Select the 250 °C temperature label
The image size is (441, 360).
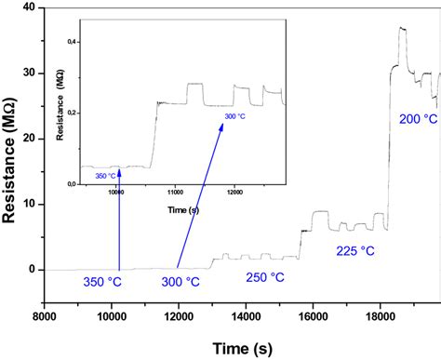pyautogui.click(x=267, y=276)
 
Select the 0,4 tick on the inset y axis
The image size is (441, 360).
pyautogui.click(x=73, y=43)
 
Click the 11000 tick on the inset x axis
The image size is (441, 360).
pyautogui.click(x=175, y=193)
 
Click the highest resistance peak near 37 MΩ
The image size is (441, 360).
pyautogui.click(x=402, y=28)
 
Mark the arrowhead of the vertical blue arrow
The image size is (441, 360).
pyautogui.click(x=119, y=174)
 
